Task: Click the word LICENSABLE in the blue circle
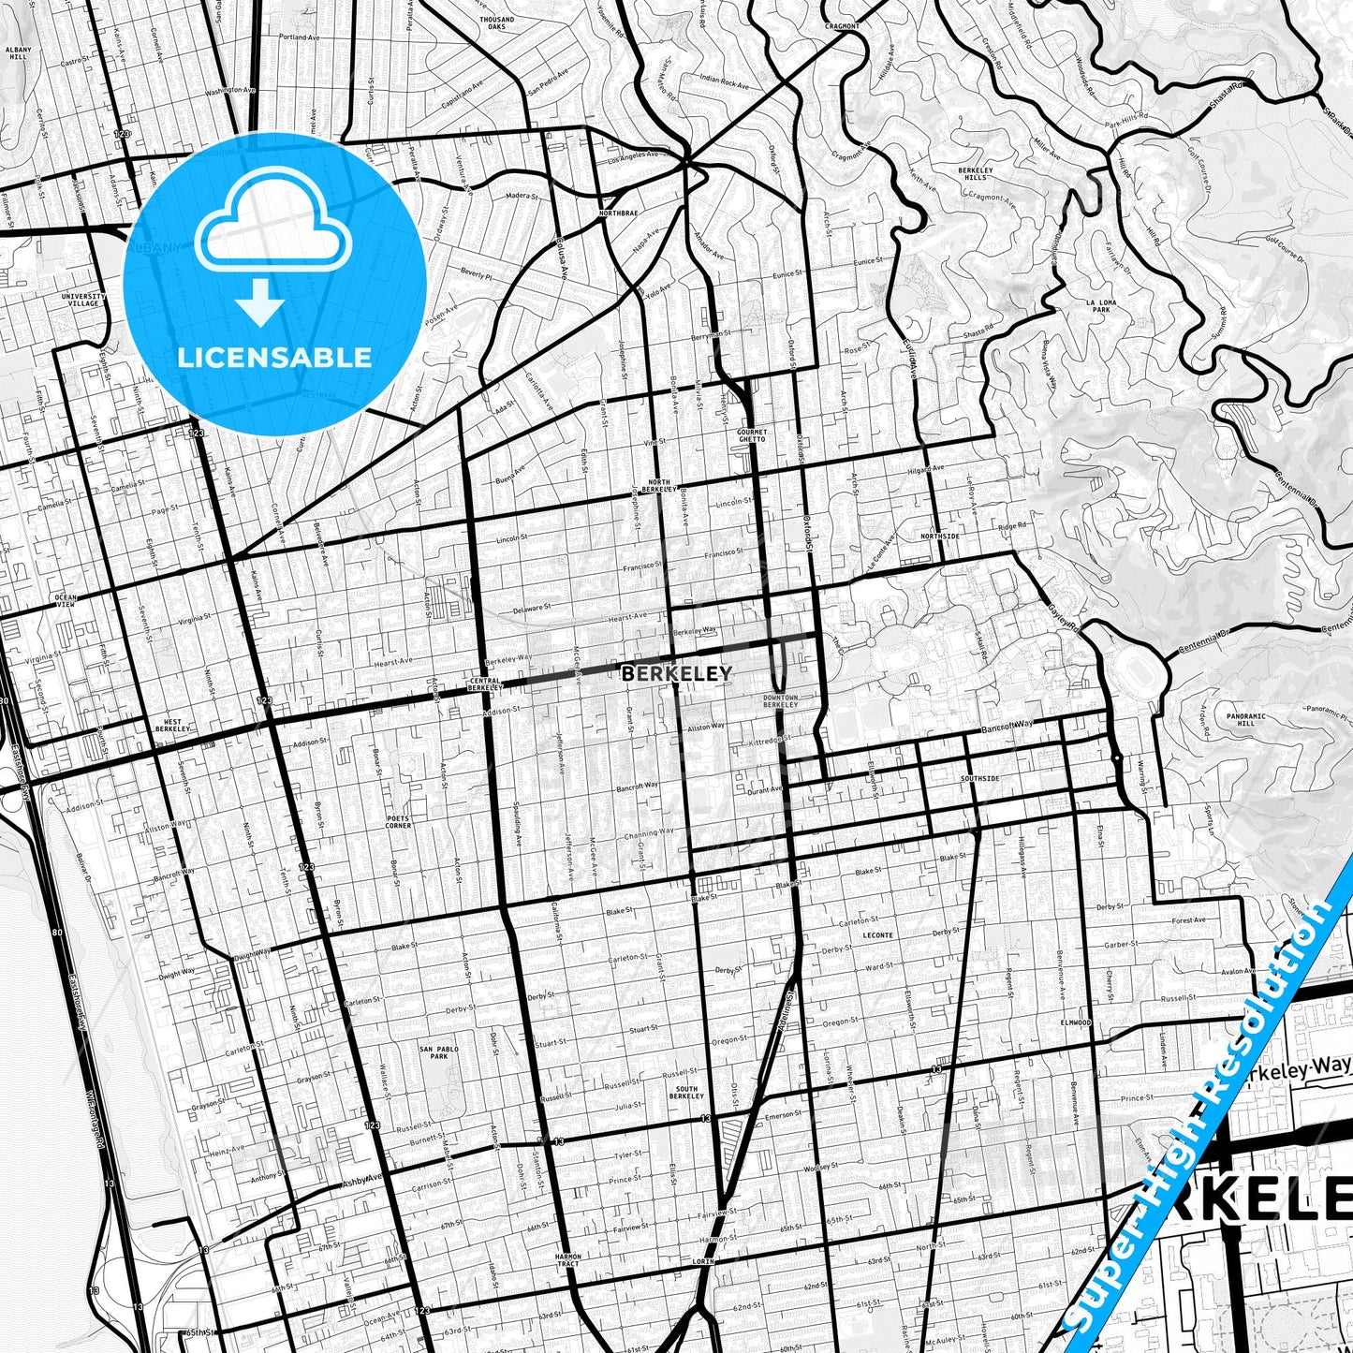point(275,358)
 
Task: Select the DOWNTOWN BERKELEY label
point(779,700)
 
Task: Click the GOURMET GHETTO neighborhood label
point(751,435)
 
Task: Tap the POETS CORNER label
point(398,822)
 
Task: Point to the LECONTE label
point(877,935)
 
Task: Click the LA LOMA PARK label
point(1100,305)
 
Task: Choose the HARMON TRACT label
point(567,1260)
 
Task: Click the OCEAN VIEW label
point(66,600)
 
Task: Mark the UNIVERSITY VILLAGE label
point(84,300)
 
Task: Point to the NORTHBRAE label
point(618,213)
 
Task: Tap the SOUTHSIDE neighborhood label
point(979,778)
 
